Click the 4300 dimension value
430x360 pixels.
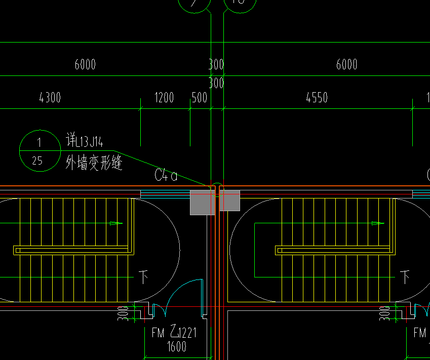pos(50,97)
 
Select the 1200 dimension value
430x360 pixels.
pos(164,97)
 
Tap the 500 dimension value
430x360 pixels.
pos(199,97)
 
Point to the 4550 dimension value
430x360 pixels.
pos(317,97)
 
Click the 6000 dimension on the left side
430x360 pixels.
pos(85,64)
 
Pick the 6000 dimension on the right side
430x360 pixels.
pos(346,64)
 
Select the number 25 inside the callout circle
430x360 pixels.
pos(37,161)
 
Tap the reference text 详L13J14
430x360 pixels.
pos(85,140)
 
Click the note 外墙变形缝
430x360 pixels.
pos(94,163)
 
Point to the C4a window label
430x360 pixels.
pos(166,176)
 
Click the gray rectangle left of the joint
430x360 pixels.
pos(202,203)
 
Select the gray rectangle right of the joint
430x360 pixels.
pos(229,201)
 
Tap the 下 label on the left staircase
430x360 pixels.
pos(143,276)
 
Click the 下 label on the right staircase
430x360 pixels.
pos(405,276)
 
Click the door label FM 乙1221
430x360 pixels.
pos(174,333)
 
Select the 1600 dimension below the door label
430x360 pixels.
pos(176,346)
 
